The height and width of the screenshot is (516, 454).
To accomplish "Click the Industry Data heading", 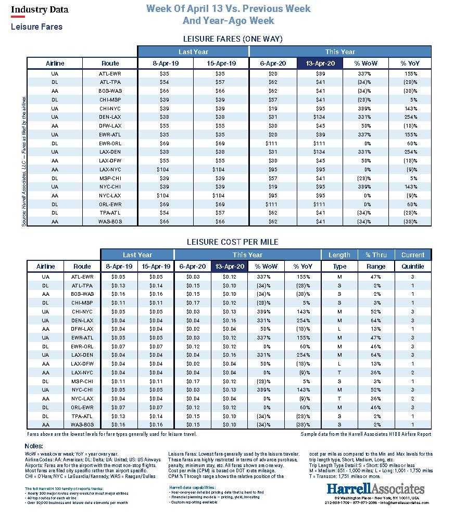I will coord(40,9).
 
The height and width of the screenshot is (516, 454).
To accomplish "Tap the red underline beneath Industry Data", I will coord(18,17).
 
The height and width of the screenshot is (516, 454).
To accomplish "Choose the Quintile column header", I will coord(412,267).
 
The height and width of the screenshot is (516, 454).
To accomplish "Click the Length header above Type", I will coord(339,255).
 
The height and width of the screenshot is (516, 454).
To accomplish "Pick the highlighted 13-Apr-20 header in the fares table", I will coord(320,64).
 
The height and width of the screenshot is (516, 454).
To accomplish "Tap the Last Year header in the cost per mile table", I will coord(137,255).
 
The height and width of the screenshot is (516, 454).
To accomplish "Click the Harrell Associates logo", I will coord(375,488).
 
